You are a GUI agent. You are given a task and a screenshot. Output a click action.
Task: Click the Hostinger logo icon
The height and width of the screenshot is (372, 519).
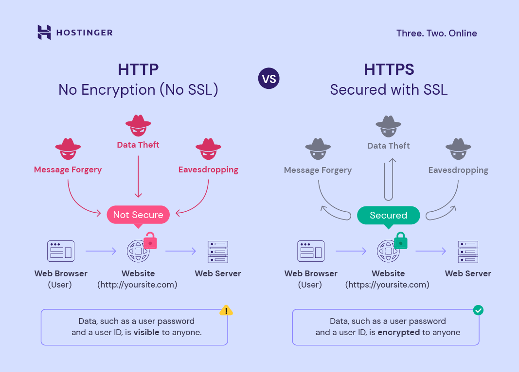pyautogui.click(x=44, y=33)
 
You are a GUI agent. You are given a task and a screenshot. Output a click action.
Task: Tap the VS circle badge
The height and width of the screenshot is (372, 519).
pyautogui.click(x=268, y=79)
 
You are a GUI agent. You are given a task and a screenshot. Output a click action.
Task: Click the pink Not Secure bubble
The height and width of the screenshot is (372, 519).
pyautogui.click(x=138, y=215)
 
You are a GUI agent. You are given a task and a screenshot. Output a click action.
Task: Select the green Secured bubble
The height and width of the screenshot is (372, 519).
pyautogui.click(x=388, y=215)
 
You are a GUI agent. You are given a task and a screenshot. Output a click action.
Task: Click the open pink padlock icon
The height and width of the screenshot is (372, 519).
pyautogui.click(x=150, y=240)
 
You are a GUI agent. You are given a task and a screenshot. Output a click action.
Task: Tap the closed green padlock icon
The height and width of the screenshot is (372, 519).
pyautogui.click(x=400, y=240)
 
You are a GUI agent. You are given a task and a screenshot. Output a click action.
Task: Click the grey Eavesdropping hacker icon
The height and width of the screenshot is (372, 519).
pyautogui.click(x=458, y=150)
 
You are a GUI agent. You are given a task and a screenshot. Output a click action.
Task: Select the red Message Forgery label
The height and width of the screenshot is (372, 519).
pyautogui.click(x=68, y=169)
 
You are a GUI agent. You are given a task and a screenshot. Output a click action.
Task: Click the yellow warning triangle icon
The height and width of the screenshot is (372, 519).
pyautogui.click(x=226, y=310)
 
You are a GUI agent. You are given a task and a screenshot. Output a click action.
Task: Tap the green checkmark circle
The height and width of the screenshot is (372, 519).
pyautogui.click(x=478, y=310)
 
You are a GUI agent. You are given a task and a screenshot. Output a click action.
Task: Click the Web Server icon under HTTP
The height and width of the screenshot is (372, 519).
pyautogui.click(x=217, y=252)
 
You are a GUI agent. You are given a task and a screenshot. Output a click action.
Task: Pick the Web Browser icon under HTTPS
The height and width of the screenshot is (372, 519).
pyautogui.click(x=311, y=252)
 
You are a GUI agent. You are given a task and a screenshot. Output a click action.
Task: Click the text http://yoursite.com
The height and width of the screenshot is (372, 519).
pyautogui.click(x=138, y=285)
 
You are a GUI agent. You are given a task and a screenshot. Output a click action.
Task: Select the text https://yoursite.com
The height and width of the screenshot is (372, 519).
pyautogui.click(x=388, y=285)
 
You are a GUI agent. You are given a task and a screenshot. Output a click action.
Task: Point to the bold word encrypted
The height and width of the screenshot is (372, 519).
pyautogui.click(x=399, y=332)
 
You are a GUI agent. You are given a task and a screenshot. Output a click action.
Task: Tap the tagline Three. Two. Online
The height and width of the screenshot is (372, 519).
pyautogui.click(x=436, y=34)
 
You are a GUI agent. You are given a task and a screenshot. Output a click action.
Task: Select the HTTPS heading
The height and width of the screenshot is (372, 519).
pyautogui.click(x=389, y=69)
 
